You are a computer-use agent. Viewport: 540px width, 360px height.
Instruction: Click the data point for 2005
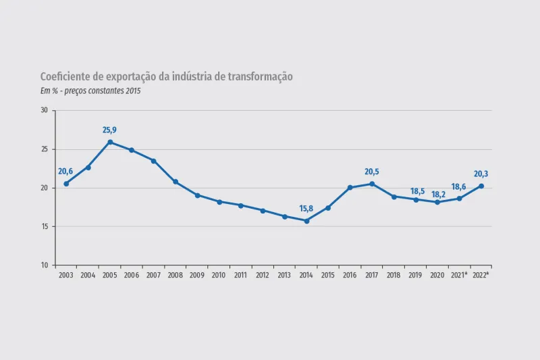pyautogui.click(x=110, y=142)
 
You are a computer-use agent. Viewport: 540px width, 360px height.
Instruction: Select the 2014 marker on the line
pyautogui.click(x=306, y=221)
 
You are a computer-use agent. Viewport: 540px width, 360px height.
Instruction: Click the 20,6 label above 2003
pyautogui.click(x=65, y=172)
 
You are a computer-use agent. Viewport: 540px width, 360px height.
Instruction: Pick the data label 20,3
pyautogui.click(x=481, y=174)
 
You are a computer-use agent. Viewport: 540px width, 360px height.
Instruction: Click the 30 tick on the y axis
pyautogui.click(x=45, y=110)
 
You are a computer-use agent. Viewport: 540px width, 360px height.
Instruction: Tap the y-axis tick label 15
pyautogui.click(x=45, y=226)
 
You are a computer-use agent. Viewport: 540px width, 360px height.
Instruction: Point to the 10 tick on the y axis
pyautogui.click(x=45, y=265)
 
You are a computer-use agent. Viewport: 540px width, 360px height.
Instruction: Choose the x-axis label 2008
pyautogui.click(x=175, y=276)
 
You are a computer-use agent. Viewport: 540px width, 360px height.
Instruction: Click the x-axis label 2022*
pyautogui.click(x=481, y=276)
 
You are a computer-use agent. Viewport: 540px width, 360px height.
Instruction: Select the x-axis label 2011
pyautogui.click(x=240, y=276)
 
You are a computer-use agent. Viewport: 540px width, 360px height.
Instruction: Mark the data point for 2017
pyautogui.click(x=372, y=184)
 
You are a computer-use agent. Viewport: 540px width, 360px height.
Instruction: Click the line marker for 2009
pyautogui.click(x=197, y=195)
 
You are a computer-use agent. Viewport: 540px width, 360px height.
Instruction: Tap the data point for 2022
pyautogui.click(x=481, y=186)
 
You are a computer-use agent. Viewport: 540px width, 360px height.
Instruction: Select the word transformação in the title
pyautogui.click(x=254, y=77)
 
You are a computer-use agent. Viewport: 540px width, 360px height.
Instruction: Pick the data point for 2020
pyautogui.click(x=437, y=202)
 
